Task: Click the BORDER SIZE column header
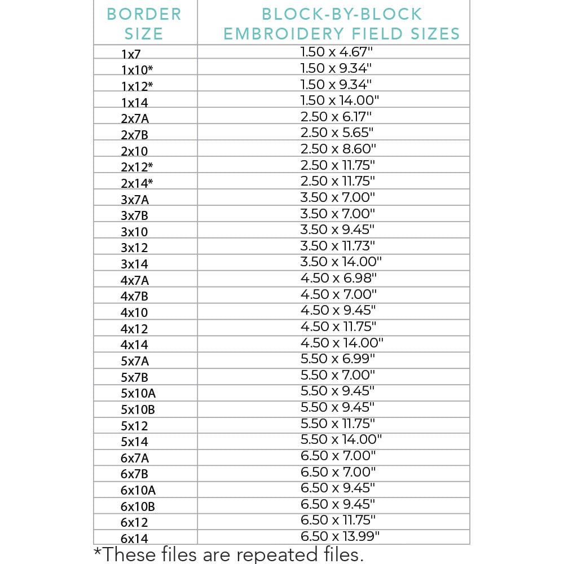click(144, 23)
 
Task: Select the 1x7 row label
click(131, 55)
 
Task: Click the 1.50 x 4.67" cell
click(337, 52)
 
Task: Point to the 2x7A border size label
click(135, 119)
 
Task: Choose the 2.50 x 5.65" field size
click(337, 133)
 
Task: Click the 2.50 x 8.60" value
click(338, 149)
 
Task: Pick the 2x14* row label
click(137, 184)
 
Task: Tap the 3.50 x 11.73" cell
click(338, 246)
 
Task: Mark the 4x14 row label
click(134, 345)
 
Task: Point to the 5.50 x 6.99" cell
click(337, 359)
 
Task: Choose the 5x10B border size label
click(138, 410)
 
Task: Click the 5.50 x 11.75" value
click(338, 423)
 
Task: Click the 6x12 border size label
click(134, 523)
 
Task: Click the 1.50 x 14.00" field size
click(340, 100)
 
